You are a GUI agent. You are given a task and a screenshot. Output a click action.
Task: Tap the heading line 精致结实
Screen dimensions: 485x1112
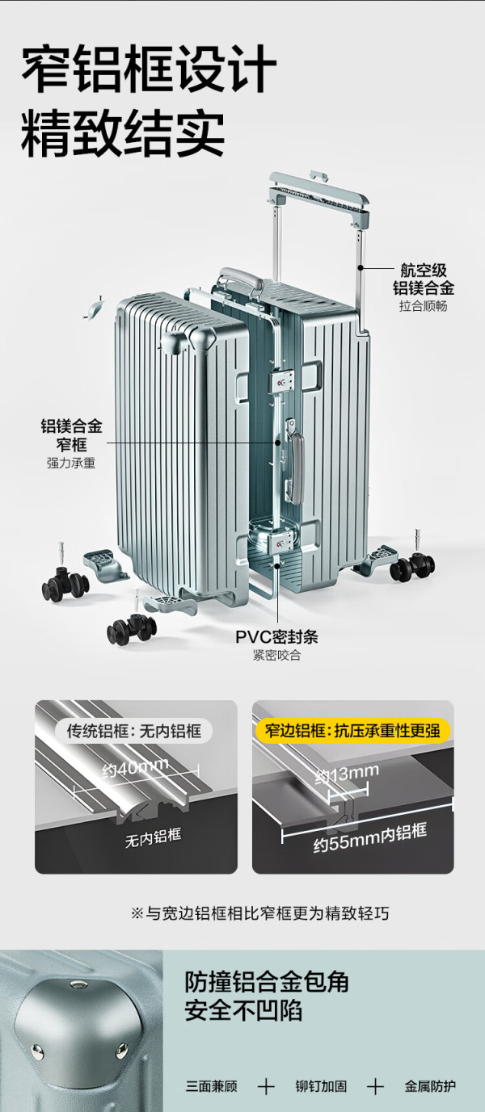pyautogui.click(x=123, y=133)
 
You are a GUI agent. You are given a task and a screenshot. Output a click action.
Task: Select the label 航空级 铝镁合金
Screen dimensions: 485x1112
pyautogui.click(x=424, y=279)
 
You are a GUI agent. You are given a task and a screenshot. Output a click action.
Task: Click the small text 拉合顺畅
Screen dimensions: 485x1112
pyautogui.click(x=424, y=306)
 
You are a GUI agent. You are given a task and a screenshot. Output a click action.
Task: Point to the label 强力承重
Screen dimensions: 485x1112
pyautogui.click(x=71, y=464)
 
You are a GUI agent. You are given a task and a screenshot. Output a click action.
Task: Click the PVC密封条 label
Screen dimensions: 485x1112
pyautogui.click(x=276, y=636)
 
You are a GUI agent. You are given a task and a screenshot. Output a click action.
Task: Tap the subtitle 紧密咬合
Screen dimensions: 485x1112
pyautogui.click(x=276, y=655)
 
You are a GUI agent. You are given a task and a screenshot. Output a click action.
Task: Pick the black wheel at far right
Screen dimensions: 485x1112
pyautogui.click(x=413, y=567)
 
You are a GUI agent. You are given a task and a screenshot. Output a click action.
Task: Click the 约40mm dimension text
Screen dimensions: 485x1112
pyautogui.click(x=135, y=767)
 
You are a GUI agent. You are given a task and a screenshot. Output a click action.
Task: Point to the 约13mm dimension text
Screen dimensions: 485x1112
pyautogui.click(x=347, y=774)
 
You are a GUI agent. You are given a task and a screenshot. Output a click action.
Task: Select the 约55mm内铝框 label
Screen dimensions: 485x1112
pyautogui.click(x=369, y=838)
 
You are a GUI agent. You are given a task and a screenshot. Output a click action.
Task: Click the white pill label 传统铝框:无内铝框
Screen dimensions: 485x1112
pyautogui.click(x=135, y=731)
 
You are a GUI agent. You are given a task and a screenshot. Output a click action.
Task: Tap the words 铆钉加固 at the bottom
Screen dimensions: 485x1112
pyautogui.click(x=321, y=1086)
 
